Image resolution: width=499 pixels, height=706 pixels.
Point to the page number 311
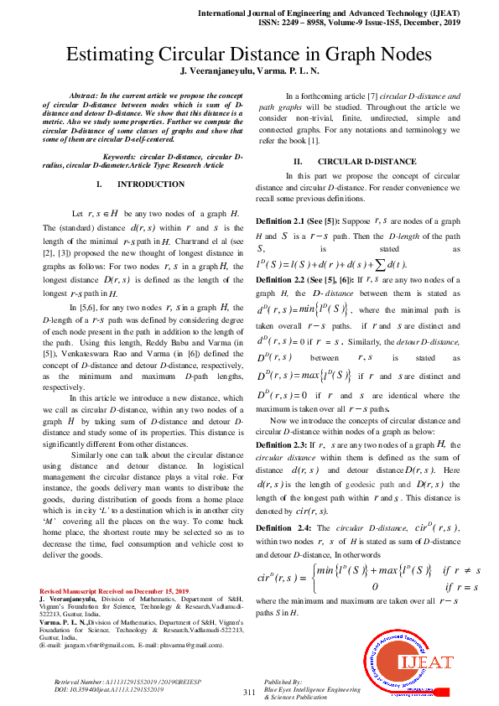click(x=248, y=692)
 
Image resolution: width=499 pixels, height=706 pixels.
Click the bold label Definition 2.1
click(x=285, y=221)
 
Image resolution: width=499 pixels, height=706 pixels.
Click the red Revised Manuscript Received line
click(x=115, y=592)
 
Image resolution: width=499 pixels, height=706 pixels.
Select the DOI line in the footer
click(x=100, y=688)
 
